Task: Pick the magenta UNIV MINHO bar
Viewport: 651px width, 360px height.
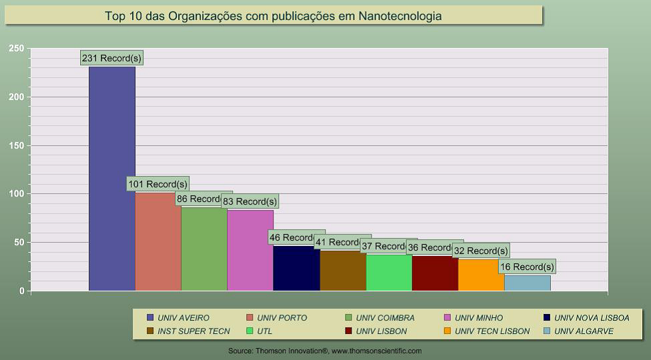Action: (x=250, y=250)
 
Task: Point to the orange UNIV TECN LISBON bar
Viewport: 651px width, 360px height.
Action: (x=481, y=275)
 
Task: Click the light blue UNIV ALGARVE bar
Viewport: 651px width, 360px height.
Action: (x=528, y=283)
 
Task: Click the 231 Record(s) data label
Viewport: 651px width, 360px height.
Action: (x=112, y=58)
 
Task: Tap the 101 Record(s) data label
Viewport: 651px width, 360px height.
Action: (x=158, y=184)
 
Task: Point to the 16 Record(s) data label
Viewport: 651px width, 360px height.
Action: (x=527, y=267)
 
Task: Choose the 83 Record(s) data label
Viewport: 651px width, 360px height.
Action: (x=250, y=201)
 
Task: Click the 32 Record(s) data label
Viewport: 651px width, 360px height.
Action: (x=481, y=251)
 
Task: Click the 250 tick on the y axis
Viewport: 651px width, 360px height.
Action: (x=17, y=49)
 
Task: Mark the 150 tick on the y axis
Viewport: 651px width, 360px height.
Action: (x=17, y=145)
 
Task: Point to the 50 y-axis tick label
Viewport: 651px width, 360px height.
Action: (x=19, y=243)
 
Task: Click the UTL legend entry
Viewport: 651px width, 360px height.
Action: (x=264, y=331)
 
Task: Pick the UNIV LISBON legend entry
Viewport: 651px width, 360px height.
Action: (x=381, y=331)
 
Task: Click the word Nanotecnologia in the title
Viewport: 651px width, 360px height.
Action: (x=400, y=15)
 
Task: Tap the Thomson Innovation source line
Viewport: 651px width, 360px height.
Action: (x=325, y=351)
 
